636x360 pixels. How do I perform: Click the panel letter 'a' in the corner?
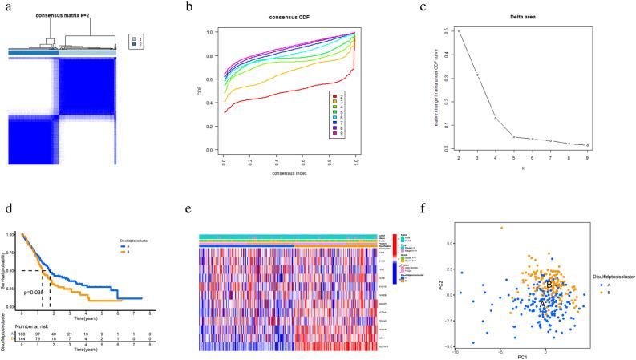(x=9, y=6)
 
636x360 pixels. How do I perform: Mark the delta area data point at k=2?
(x=460, y=31)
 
